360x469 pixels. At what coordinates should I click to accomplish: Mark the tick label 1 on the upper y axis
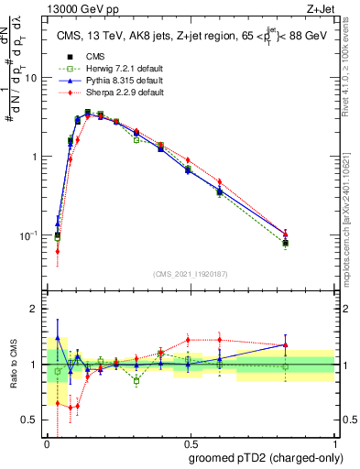click(37, 157)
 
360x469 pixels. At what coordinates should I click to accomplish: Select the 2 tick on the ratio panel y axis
click(37, 310)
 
